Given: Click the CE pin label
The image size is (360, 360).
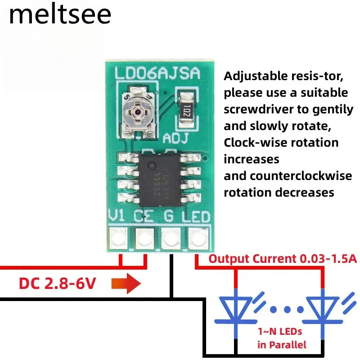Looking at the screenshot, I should click(144, 216).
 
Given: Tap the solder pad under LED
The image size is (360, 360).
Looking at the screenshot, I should click(197, 237).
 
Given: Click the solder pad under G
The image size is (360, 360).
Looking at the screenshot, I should click(171, 237).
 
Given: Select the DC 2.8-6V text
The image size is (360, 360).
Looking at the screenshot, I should click(57, 284).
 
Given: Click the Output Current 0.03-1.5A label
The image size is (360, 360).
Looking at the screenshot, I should click(282, 259).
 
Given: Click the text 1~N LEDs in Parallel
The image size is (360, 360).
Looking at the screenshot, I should click(281, 338).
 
